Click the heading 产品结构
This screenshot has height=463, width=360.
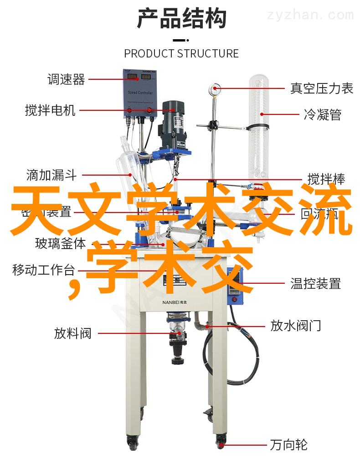181,20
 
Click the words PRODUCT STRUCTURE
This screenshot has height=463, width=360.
181,53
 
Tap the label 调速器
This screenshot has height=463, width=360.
66,79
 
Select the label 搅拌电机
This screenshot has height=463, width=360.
50,110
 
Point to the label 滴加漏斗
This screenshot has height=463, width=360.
51,175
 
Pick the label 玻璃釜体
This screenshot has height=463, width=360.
60,243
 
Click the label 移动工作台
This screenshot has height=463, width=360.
43,270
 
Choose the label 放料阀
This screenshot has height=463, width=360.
72,333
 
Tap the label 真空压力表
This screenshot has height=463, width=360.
322,88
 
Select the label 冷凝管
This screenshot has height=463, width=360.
322,114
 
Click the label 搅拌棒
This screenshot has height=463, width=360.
326,179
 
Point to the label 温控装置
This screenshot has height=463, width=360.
315,284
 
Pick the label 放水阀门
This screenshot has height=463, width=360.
296,325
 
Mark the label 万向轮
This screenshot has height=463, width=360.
288,444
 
